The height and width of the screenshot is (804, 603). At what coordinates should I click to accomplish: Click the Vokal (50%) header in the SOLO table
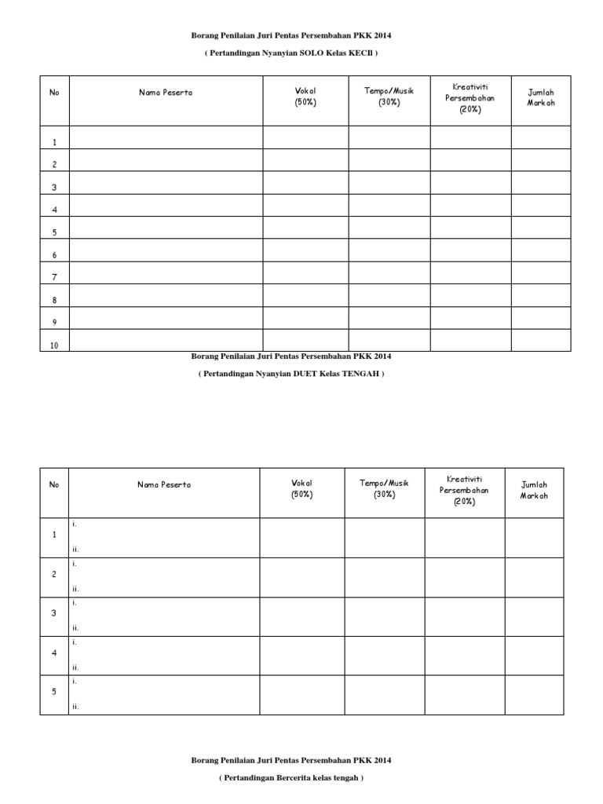305,97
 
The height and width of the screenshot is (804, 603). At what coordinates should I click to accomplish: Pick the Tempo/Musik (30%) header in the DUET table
385,489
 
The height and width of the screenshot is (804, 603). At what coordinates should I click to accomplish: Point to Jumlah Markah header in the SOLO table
541,97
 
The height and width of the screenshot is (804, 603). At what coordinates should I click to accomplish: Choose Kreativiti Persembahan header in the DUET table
464,490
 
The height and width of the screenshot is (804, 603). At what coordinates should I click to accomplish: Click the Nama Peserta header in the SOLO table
166,93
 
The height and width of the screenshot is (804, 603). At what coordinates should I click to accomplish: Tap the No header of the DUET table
54,484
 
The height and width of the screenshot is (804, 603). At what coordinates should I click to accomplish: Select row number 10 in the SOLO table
55,345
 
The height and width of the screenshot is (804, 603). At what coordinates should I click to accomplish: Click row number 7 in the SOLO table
55,277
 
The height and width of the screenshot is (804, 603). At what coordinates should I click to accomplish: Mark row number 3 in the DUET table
54,613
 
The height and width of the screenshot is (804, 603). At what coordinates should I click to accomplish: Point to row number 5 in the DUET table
54,692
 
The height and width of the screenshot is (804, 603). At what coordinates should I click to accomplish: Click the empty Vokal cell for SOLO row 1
305,137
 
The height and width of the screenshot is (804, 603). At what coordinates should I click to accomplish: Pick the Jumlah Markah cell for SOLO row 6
541,250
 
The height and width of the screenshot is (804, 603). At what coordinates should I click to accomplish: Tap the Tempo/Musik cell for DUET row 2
385,577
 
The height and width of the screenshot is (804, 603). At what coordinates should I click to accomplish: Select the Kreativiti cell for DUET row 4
465,656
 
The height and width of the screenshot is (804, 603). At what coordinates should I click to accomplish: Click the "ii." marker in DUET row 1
75,549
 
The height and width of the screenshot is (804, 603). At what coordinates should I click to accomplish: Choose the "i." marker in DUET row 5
75,682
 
